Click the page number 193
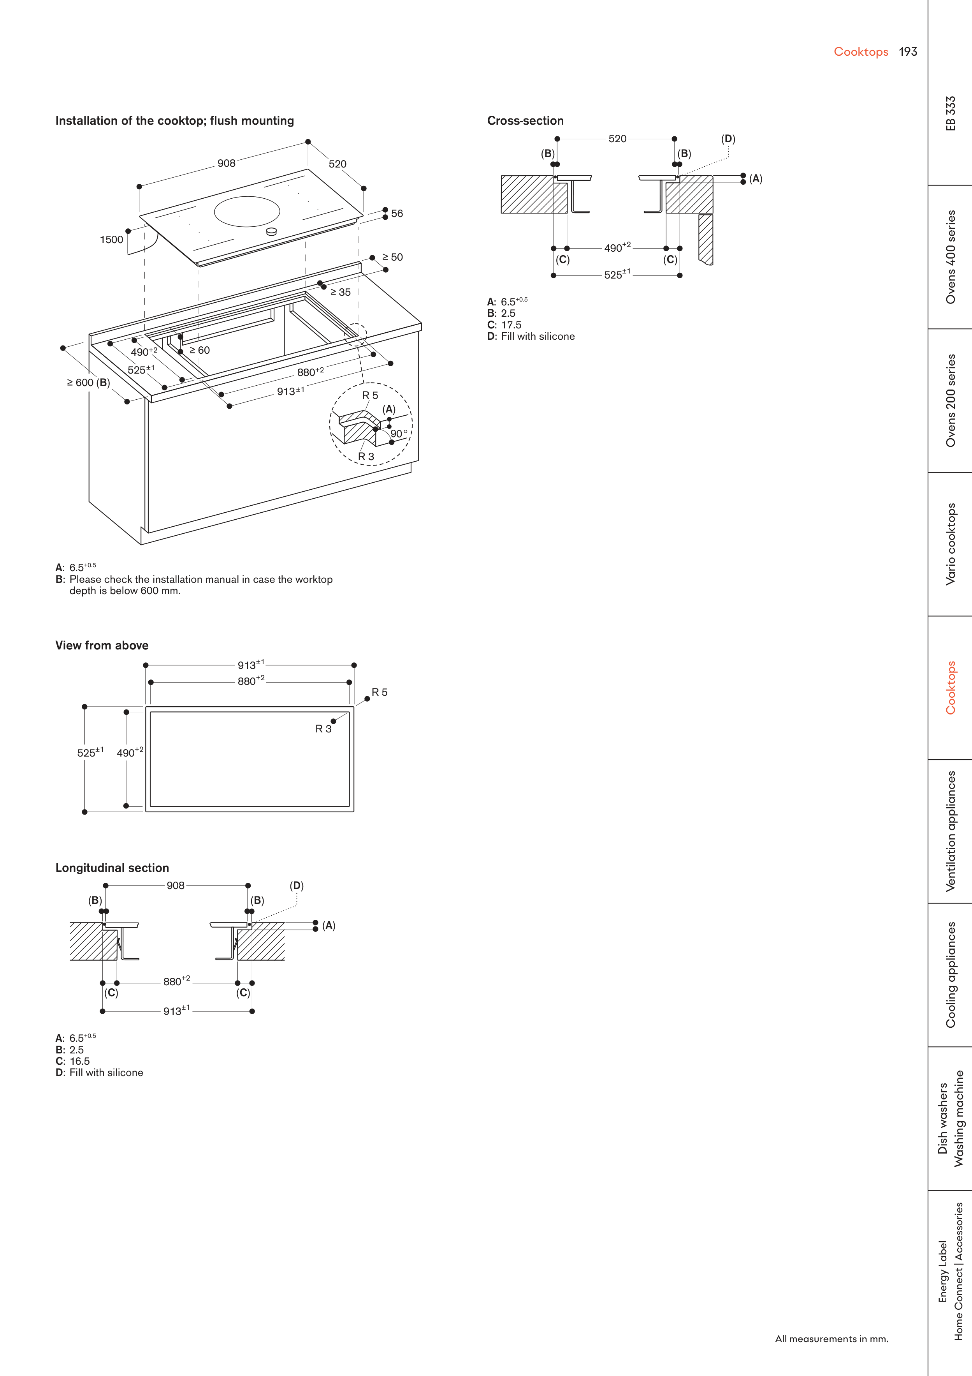tap(907, 51)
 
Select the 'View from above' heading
tap(102, 646)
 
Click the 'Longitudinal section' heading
tap(112, 868)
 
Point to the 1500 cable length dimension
tap(111, 240)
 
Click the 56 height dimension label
tap(396, 213)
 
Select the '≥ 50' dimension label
tap(392, 257)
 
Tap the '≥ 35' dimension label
tap(340, 293)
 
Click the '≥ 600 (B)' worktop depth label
tap(88, 382)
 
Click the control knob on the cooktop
tap(271, 231)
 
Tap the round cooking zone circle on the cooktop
tap(247, 212)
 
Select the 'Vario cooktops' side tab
tap(951, 544)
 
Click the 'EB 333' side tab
tap(951, 113)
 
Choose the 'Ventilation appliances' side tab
tap(951, 831)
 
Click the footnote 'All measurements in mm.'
tap(831, 1339)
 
